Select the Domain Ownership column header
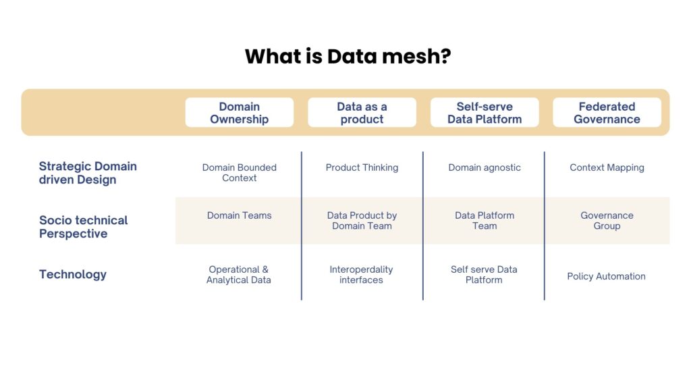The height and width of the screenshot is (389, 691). [239, 113]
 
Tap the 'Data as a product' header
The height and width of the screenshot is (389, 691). [362, 113]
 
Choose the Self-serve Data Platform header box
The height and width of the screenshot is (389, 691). [485, 113]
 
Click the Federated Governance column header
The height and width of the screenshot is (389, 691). [607, 113]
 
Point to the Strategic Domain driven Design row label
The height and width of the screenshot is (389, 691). [88, 173]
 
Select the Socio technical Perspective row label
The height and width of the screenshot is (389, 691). [83, 227]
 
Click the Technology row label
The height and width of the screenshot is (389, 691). [73, 274]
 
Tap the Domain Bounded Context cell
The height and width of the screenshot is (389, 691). [239, 173]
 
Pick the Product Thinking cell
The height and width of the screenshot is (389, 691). [362, 167]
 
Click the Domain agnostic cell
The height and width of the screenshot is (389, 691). [485, 167]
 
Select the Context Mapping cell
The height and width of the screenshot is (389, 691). [607, 167]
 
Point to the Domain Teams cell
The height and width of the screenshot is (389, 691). [239, 215]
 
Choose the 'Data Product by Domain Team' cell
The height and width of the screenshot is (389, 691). [362, 221]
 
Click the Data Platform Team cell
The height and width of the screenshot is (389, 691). [485, 221]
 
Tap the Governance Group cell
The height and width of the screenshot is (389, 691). [607, 221]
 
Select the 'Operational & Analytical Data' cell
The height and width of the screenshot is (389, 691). [239, 275]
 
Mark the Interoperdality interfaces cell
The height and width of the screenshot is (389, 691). [361, 275]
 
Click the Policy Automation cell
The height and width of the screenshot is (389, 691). [606, 276]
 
